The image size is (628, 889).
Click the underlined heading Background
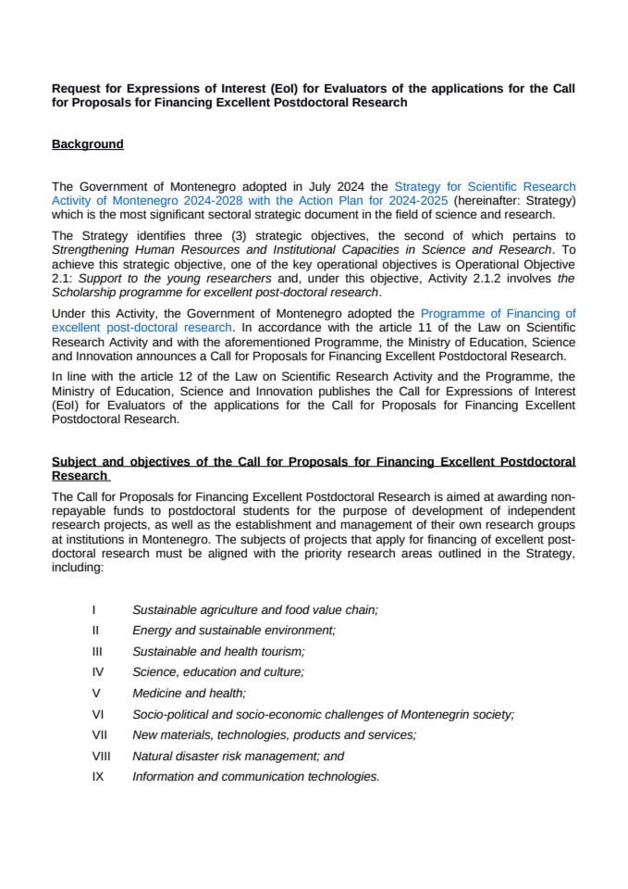[87, 144]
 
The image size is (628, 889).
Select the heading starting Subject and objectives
[313, 461]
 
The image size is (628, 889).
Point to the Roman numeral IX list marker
[97, 776]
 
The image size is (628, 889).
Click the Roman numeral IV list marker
[97, 672]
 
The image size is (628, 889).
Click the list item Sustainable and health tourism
[218, 651]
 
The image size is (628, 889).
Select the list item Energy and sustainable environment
[233, 631]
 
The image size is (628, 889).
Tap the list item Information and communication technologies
[255, 776]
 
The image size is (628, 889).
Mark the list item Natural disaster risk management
[238, 756]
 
